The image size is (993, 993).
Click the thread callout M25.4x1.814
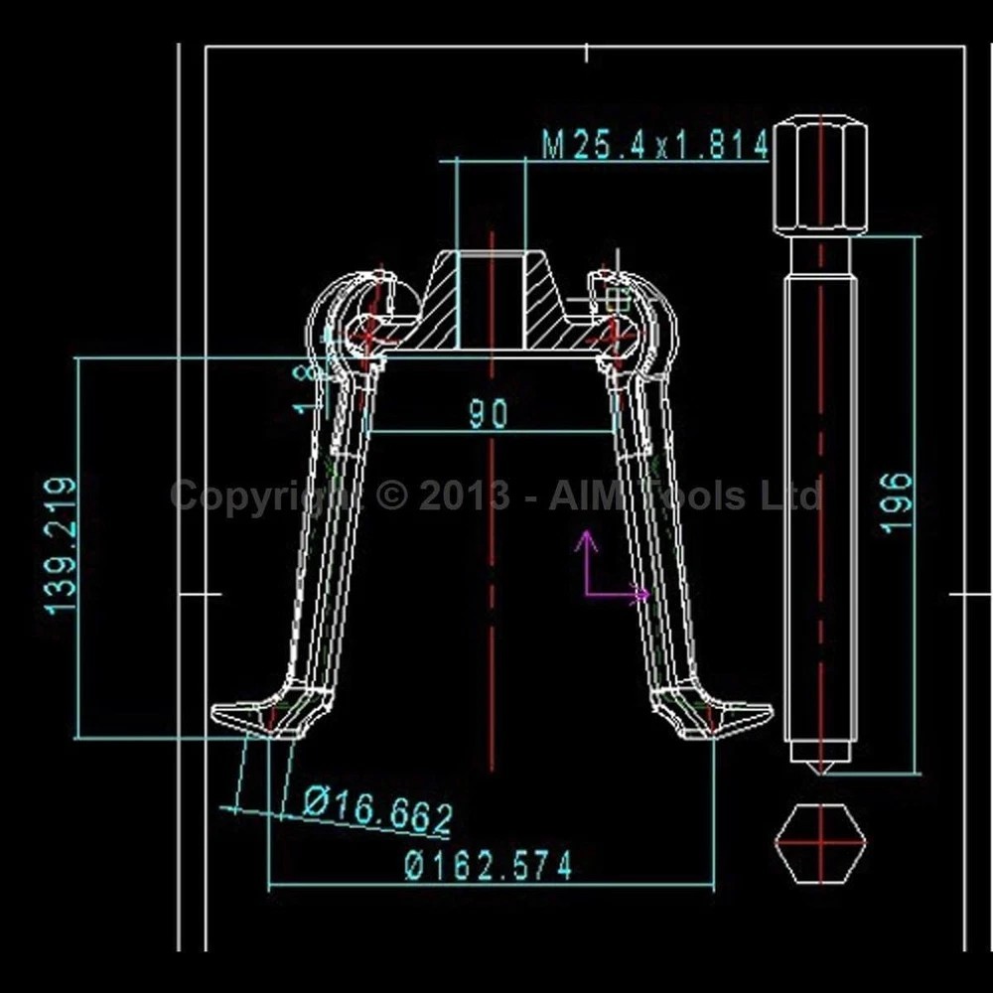[x=655, y=146]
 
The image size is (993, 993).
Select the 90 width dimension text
[x=489, y=413]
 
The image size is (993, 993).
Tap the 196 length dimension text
[x=897, y=501]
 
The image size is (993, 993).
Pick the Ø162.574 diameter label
[x=489, y=866]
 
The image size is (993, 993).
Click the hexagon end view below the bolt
[x=820, y=843]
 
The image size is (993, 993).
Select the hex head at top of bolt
[x=820, y=175]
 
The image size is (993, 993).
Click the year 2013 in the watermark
[x=462, y=495]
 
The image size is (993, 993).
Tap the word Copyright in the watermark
[x=253, y=495]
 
